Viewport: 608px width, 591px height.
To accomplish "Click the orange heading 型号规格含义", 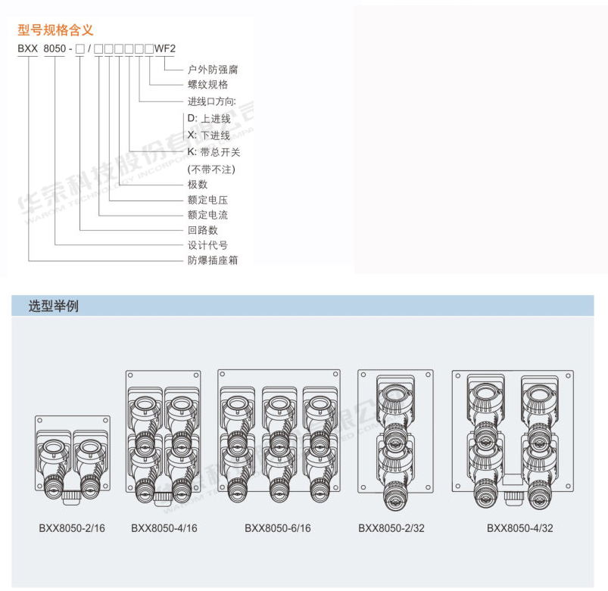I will point(55,31).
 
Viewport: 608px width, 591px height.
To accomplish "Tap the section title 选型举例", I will point(53,306).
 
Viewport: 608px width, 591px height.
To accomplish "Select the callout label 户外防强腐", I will point(213,69).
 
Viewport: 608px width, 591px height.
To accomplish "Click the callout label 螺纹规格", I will point(207,85).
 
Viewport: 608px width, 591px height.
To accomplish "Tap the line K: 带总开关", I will point(214,152).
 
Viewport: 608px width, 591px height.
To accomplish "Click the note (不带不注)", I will point(211,169).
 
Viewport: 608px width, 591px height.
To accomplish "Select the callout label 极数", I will point(198,185).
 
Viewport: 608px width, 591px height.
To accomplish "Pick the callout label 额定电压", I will point(207,201).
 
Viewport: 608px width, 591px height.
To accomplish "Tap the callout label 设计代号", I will point(207,245).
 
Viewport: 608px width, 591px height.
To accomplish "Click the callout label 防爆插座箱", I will point(213,260).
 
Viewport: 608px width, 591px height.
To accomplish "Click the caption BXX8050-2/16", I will point(72,528).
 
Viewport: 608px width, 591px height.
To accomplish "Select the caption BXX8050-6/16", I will point(278,528).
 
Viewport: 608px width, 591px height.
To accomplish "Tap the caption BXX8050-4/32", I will point(520,528).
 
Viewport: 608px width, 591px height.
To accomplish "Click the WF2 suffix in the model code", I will point(165,49).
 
